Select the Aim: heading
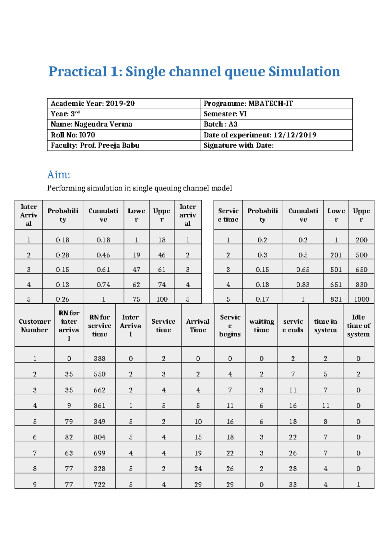(x=59, y=175)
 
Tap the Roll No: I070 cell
(x=73, y=135)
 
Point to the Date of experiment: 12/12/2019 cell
(x=260, y=135)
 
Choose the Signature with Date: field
(x=239, y=145)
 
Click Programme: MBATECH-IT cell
(x=248, y=103)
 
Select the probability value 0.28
(x=63, y=255)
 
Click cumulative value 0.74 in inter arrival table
(x=103, y=284)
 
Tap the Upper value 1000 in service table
(x=361, y=299)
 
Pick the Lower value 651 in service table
(x=336, y=284)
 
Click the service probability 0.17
(x=262, y=299)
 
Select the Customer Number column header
(x=35, y=326)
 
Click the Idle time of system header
(x=358, y=326)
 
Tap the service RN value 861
(x=100, y=405)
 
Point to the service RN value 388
(x=100, y=358)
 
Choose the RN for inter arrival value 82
(x=69, y=437)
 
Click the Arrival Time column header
(x=198, y=326)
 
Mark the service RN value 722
(x=100, y=484)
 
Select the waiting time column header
(x=262, y=326)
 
